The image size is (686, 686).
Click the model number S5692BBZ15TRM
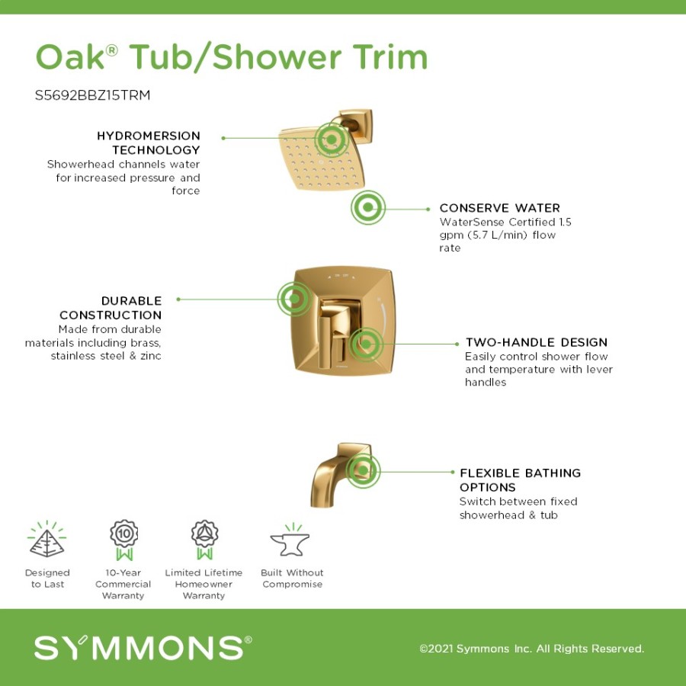pos(92,95)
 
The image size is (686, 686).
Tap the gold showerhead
pos(322,159)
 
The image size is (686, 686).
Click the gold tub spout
pos(341,476)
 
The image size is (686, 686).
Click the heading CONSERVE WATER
pos(499,208)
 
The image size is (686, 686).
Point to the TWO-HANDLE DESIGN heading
pos(537,342)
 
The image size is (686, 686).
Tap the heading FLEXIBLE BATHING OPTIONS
pos(520,480)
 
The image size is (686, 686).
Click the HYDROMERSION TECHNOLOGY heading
pos(149,143)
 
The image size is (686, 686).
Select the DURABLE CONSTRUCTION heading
pos(111,308)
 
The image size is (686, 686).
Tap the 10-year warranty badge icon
pos(124,540)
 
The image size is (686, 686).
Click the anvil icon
pos(290,543)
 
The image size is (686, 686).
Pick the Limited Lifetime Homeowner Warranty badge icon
pos(204,540)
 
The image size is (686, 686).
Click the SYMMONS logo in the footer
pos(143,647)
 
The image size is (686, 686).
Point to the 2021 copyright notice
pos(531,649)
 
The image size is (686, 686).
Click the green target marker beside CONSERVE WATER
pos(368,207)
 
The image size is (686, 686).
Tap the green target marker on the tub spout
pos(363,471)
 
